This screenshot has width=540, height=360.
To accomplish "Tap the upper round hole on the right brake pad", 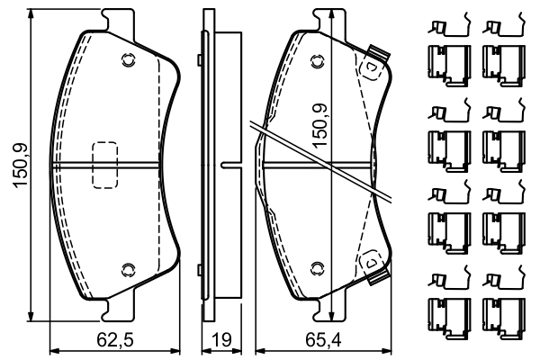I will pos(316,61).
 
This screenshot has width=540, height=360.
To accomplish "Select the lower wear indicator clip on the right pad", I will pos(372,264).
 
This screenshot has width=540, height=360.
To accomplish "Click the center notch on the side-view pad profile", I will pos(229,165).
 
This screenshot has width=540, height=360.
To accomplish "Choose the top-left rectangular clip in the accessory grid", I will pos(445,58).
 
